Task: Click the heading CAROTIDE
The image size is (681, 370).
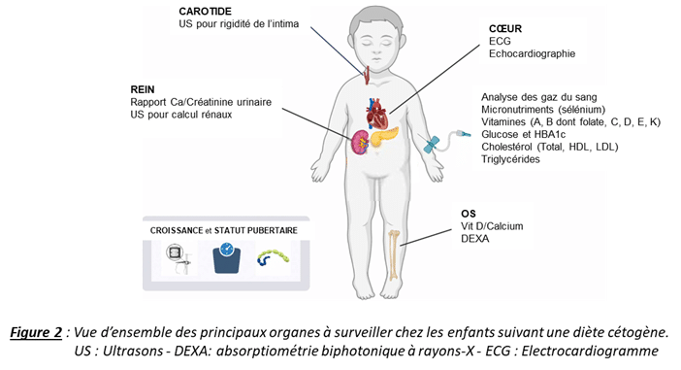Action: (x=205, y=12)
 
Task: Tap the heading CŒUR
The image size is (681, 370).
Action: (x=505, y=29)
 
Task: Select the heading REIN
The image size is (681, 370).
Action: (x=143, y=89)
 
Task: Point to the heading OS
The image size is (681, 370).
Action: (x=469, y=214)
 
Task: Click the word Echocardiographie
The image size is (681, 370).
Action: (x=532, y=54)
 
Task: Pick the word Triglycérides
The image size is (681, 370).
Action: (x=510, y=159)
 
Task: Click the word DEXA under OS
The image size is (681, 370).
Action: (x=474, y=239)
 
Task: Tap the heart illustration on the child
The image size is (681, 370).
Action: (x=376, y=113)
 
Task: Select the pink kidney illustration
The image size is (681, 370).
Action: (x=360, y=143)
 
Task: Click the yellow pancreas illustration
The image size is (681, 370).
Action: (x=383, y=136)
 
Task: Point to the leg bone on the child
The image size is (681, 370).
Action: (x=394, y=254)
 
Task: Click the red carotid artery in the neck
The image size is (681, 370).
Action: (x=367, y=75)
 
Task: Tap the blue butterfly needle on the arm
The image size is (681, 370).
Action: (x=432, y=145)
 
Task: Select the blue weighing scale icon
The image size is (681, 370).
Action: (x=226, y=257)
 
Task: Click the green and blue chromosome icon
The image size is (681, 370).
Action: (x=273, y=256)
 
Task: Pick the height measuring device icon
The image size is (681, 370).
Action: (x=178, y=257)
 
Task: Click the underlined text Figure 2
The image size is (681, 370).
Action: (x=37, y=332)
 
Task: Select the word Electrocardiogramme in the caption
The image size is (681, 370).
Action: (x=590, y=351)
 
